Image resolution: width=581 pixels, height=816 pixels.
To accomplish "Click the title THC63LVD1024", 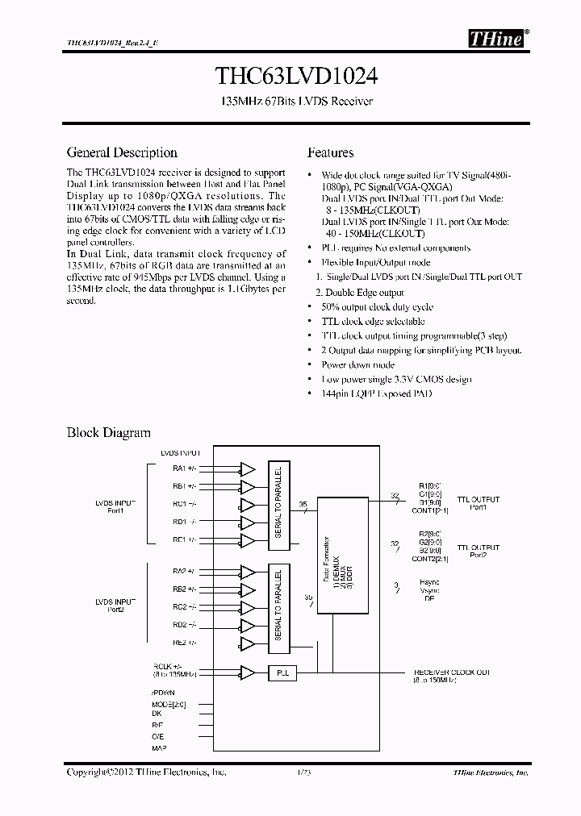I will click(290, 76).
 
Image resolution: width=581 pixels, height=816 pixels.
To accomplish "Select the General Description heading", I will click(122, 152).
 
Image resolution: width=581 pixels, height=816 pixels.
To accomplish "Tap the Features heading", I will click(330, 152).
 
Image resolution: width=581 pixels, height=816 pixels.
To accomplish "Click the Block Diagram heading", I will click(108, 433).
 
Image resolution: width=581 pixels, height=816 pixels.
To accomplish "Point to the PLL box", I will click(282, 672).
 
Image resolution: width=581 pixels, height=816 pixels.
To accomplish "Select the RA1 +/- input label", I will click(183, 468).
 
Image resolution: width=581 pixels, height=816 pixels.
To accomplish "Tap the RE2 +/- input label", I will click(183, 643).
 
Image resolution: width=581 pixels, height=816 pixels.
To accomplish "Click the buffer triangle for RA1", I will click(248, 468).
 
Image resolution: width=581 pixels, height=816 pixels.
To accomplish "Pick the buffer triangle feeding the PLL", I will click(248, 672).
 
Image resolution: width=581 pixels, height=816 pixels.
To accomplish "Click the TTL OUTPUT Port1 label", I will click(479, 503).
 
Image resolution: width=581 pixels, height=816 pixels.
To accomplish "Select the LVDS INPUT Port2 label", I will click(115, 606).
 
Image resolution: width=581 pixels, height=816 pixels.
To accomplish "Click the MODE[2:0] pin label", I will click(169, 704).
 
